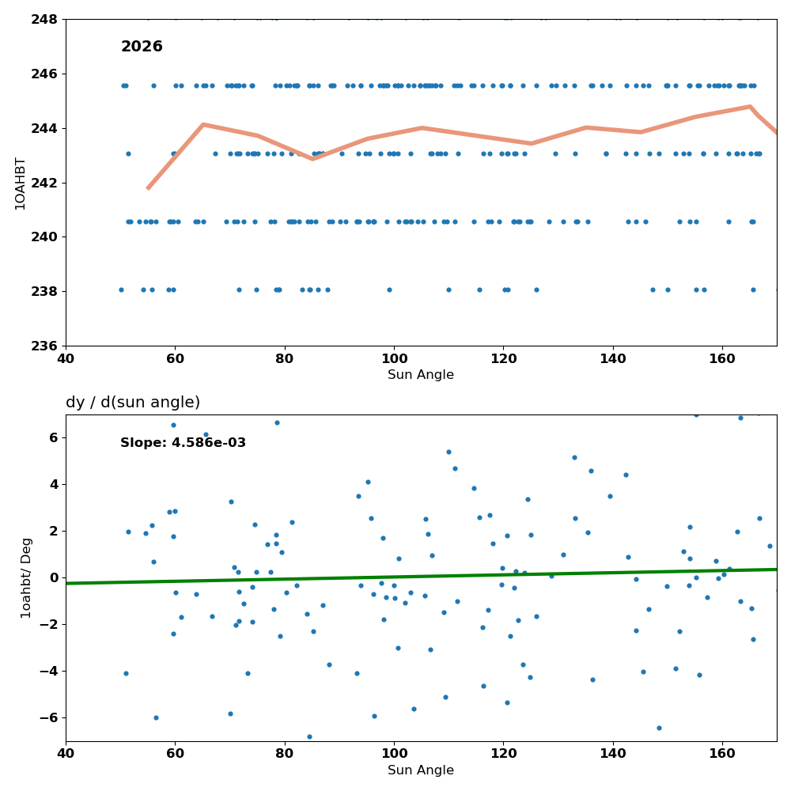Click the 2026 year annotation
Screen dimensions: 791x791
tap(142, 47)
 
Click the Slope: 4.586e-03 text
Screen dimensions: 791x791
tap(184, 443)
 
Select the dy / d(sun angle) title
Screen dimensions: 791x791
tap(133, 402)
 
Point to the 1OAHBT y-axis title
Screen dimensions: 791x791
tap(21, 184)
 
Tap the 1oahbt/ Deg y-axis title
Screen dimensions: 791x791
tap(26, 578)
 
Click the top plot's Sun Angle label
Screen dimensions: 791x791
tap(421, 375)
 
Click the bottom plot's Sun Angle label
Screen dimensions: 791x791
tap(421, 770)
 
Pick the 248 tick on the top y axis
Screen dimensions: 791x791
tap(44, 20)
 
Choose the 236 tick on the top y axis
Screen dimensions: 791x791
tap(44, 346)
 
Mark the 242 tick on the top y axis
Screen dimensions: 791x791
tap(44, 183)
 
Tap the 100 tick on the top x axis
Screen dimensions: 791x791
tap(394, 358)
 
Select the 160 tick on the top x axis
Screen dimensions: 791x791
tap(722, 358)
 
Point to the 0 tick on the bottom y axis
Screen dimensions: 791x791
tap(54, 577)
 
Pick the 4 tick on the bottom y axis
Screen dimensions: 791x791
tap(54, 484)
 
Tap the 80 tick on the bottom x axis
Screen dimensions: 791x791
tap(285, 754)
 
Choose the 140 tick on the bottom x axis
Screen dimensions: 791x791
tap(613, 754)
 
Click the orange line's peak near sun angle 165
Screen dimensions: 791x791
tap(750, 107)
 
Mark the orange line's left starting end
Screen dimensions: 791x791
tap(148, 188)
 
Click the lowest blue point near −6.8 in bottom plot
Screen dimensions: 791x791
tap(309, 737)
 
